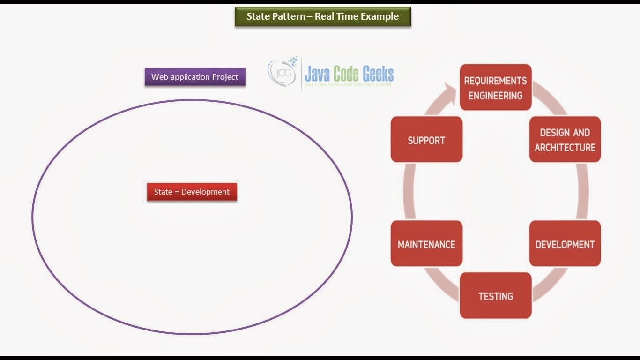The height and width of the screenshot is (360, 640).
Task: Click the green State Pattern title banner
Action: pos(322,16)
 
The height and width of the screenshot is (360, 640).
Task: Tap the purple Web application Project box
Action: pos(195,76)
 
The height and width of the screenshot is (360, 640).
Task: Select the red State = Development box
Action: pos(192,192)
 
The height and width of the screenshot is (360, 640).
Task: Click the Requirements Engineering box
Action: pos(496,87)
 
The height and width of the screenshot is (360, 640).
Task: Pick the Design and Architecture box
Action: pos(565,139)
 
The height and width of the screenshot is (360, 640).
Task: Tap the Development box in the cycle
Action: pos(565,243)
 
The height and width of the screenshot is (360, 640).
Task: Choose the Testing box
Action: pos(496,295)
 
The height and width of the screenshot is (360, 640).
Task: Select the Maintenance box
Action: pos(426,243)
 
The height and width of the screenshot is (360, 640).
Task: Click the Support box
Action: pos(426,139)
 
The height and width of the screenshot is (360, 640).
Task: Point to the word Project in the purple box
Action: pos(225,77)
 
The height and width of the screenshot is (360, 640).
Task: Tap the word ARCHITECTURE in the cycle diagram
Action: pos(565,148)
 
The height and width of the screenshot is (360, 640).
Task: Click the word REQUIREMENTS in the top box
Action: pos(495,81)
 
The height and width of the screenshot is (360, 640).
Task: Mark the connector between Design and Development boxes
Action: pos(582,191)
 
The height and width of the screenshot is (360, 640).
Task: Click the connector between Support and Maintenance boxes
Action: pos(409,191)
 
